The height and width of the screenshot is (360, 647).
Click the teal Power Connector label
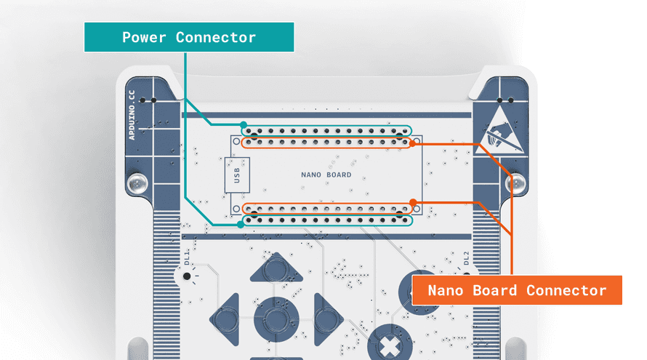tap(189, 37)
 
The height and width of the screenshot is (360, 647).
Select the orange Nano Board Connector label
tap(516, 290)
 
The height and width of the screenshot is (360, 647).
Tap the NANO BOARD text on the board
tap(326, 175)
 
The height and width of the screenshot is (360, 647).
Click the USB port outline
tap(236, 175)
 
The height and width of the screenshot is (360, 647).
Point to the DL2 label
tap(466, 258)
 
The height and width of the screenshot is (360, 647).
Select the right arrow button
tap(326, 319)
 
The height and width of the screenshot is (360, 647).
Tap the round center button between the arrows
tap(276, 319)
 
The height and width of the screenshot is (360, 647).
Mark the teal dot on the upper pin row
tap(244, 124)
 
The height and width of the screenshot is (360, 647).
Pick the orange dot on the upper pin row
tap(412, 144)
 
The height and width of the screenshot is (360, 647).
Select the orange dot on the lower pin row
tap(412, 202)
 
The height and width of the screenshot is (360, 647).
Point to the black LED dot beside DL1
tap(187, 276)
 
